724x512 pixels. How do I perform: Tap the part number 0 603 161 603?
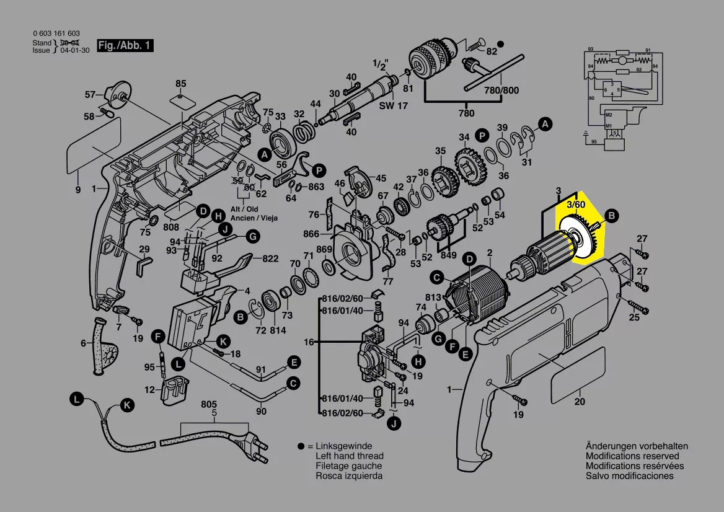coord(56,33)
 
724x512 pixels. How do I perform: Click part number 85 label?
coord(180,84)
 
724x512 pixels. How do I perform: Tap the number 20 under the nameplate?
coord(580,402)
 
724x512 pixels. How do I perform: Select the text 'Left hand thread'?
coord(349,456)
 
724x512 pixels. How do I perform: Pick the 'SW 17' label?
coord(394,106)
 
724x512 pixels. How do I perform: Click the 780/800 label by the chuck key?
coord(501,90)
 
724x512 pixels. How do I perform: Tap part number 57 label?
coord(90,95)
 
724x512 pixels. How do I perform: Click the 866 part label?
coord(311,234)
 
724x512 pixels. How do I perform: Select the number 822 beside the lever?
coord(270,258)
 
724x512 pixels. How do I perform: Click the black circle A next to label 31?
coord(545,125)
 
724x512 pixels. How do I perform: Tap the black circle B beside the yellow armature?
coord(611,216)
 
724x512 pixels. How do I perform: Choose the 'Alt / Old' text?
coord(244,210)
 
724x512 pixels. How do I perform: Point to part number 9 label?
coord(78,190)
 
